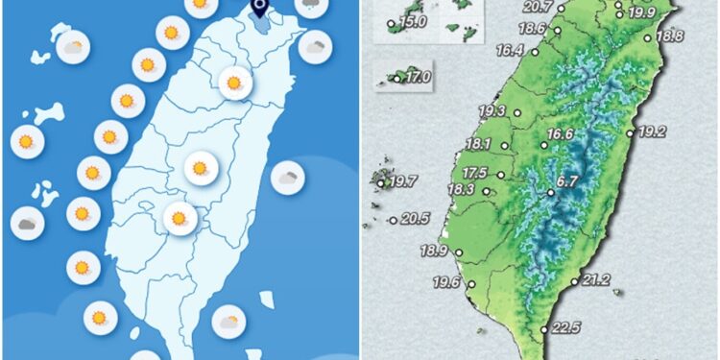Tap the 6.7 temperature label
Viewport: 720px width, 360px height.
click(x=566, y=180)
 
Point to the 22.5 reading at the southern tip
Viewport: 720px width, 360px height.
click(x=565, y=327)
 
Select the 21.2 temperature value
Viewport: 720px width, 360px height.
click(x=596, y=280)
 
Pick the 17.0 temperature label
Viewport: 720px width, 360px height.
click(x=419, y=78)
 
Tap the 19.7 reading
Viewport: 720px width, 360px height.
click(x=403, y=181)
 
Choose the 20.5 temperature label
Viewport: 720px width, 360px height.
click(x=415, y=219)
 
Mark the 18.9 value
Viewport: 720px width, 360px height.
click(x=435, y=252)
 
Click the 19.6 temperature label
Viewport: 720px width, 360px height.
click(x=447, y=282)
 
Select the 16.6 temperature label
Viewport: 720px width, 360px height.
click(x=560, y=134)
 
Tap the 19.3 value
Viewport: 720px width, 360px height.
click(x=492, y=111)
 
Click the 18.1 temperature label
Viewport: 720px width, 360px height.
click(x=478, y=145)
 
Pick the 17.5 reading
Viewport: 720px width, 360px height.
click(x=475, y=173)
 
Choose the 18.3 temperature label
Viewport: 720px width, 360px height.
click(x=462, y=190)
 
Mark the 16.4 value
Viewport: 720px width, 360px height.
click(x=508, y=51)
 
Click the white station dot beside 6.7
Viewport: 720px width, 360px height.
click(x=551, y=192)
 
